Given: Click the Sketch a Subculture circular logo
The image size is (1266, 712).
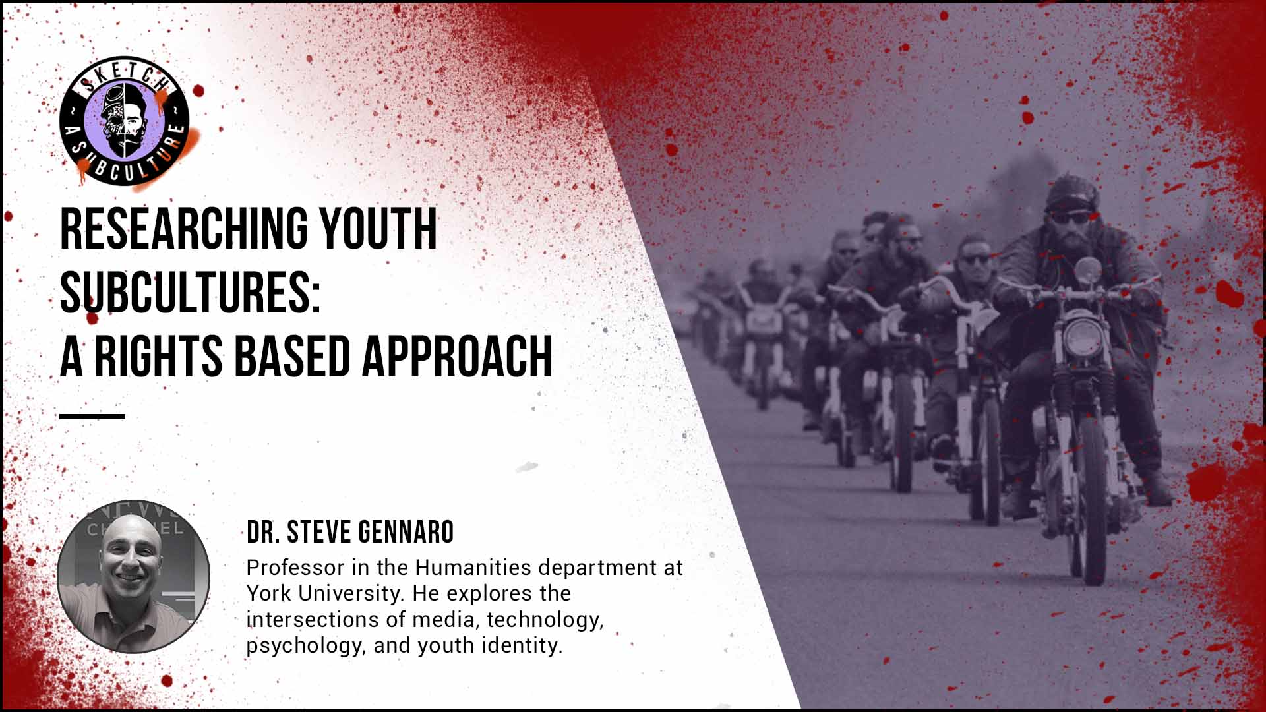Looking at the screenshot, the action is tap(125, 122).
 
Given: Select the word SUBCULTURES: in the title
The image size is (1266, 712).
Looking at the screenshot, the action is tap(190, 293).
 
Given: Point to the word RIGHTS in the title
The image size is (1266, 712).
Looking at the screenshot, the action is tap(158, 356).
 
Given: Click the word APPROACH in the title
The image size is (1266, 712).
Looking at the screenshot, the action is tap(457, 356).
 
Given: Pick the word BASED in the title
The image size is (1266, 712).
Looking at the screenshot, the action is tap(292, 356).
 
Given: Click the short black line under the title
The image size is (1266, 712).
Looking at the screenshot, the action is tap(92, 417).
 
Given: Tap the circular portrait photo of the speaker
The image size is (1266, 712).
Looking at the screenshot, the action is tap(134, 576).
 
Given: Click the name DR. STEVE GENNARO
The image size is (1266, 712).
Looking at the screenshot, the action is tap(350, 532).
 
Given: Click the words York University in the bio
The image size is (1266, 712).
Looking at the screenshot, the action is tap(324, 593).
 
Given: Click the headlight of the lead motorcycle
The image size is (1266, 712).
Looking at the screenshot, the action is tap(1083, 338).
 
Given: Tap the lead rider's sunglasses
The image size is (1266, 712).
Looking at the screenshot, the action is tap(1069, 217).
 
